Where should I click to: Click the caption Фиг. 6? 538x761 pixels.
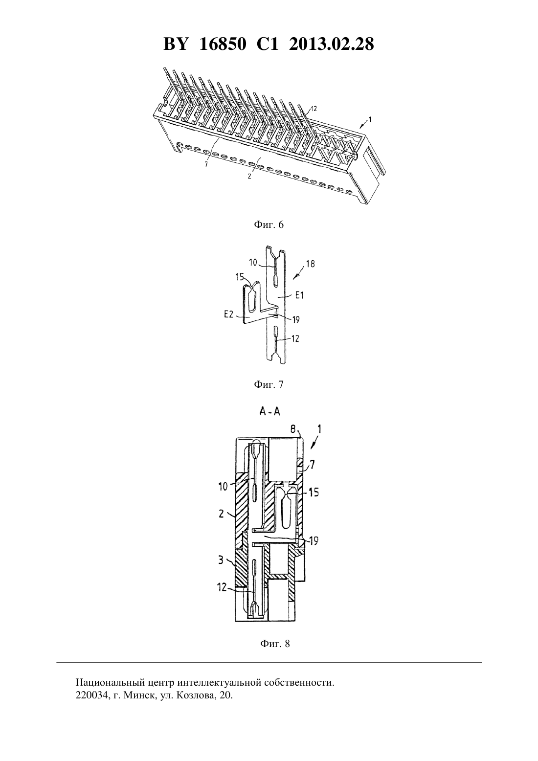pos(269,225)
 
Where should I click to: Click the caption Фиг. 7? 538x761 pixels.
pos(269,384)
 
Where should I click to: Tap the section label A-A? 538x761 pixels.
pos(269,412)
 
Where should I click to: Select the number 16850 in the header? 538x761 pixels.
pos(223,44)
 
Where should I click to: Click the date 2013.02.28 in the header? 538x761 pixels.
pos(332,44)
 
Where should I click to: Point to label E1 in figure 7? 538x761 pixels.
pos(299,295)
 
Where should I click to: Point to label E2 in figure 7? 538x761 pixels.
pos(229,314)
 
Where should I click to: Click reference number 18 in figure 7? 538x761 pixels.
pos(310,264)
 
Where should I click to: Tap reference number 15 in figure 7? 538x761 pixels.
pos(240,277)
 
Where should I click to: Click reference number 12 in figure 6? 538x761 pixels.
pos(313,109)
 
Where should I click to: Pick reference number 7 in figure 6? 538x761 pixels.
pos(206,164)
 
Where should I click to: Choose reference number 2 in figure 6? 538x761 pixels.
pos(249,177)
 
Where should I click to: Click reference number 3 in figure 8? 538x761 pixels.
pos(221,560)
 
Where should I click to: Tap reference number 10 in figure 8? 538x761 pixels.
pos(223,487)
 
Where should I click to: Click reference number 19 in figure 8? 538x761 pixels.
pos(314,540)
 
